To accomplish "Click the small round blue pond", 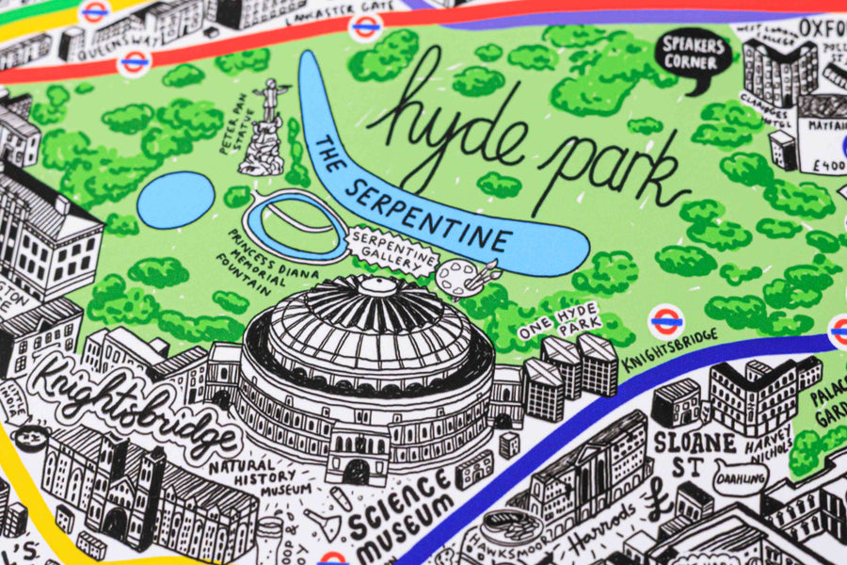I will coord(176,200).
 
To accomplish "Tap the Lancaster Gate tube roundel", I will coord(366,26).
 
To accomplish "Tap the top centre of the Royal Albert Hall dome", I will coord(376,283).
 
